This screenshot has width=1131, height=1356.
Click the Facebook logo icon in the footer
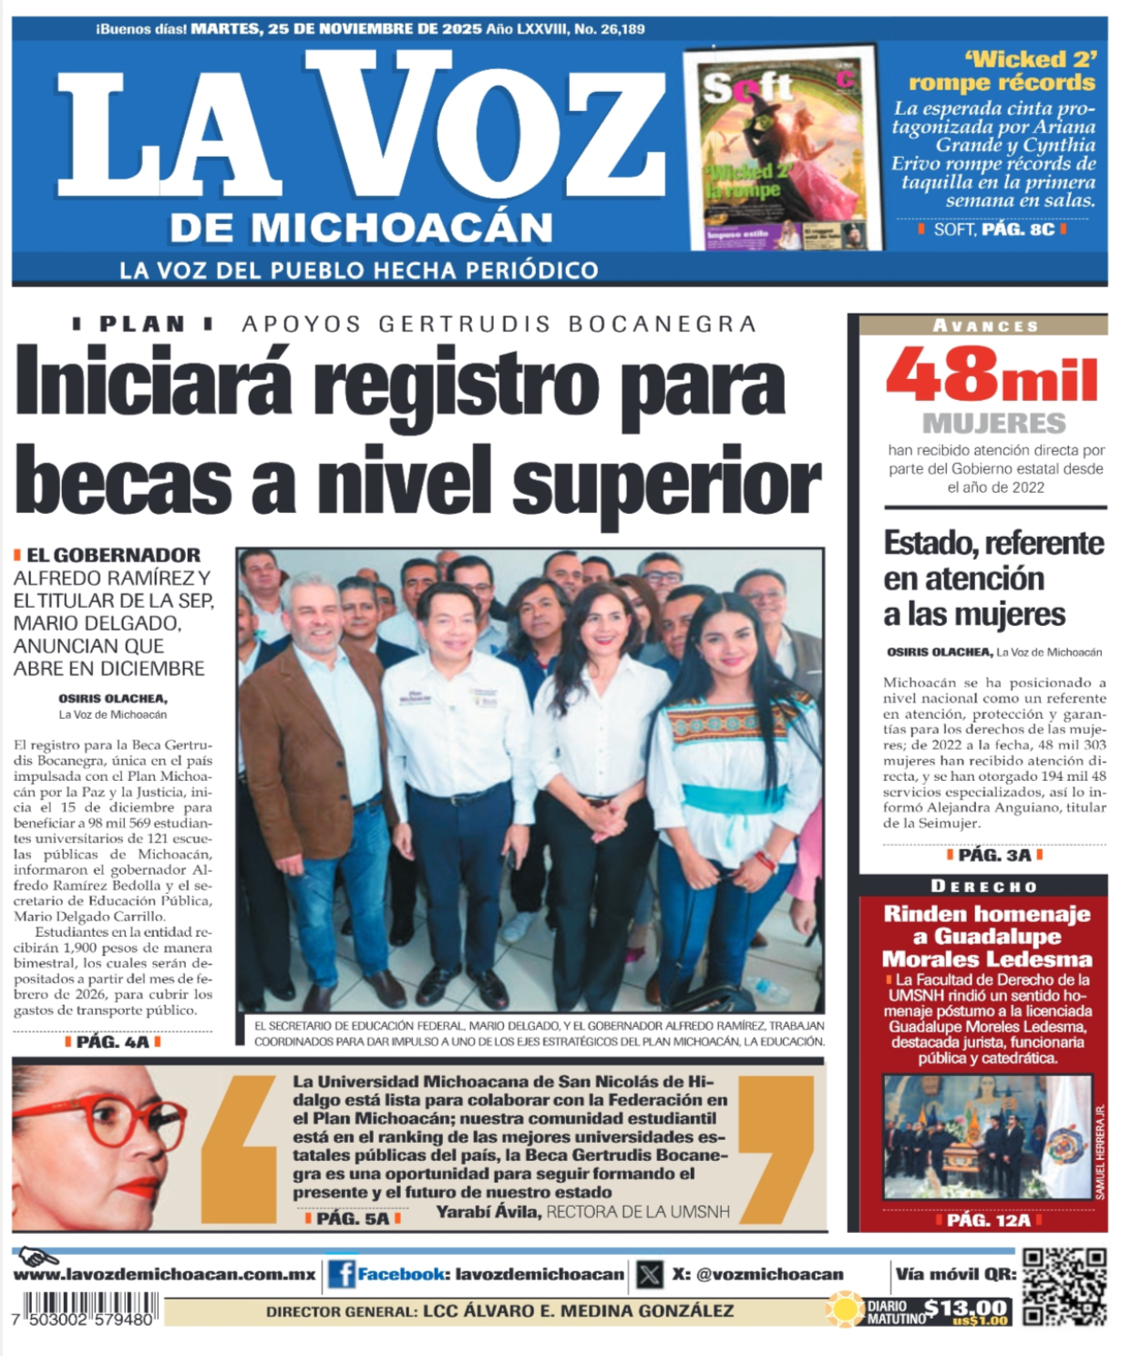(341, 1274)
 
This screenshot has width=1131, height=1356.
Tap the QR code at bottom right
(1064, 1287)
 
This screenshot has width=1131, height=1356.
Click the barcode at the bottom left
(85, 1310)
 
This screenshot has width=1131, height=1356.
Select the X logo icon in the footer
(649, 1274)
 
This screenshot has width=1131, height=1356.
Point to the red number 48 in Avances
(941, 375)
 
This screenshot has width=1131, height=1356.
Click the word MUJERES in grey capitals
(993, 424)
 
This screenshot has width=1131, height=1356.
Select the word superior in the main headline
(666, 481)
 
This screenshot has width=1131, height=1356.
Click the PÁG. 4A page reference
(112, 1042)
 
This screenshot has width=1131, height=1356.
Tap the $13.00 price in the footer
(965, 1309)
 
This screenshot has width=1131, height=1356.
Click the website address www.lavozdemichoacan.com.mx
(164, 1275)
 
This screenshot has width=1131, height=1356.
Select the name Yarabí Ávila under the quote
(488, 1212)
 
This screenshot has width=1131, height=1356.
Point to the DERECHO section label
(983, 886)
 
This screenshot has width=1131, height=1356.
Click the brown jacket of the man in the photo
(296, 747)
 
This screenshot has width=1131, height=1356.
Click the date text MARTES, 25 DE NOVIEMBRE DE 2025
(336, 29)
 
